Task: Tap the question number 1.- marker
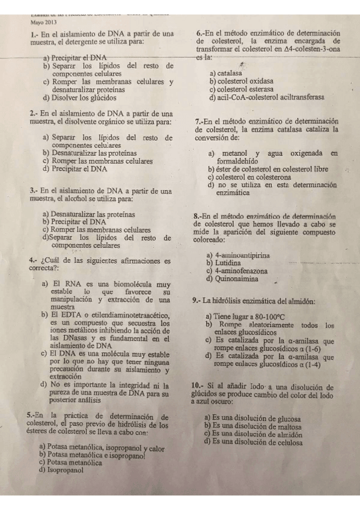click(34, 35)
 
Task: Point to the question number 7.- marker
click(202, 121)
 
